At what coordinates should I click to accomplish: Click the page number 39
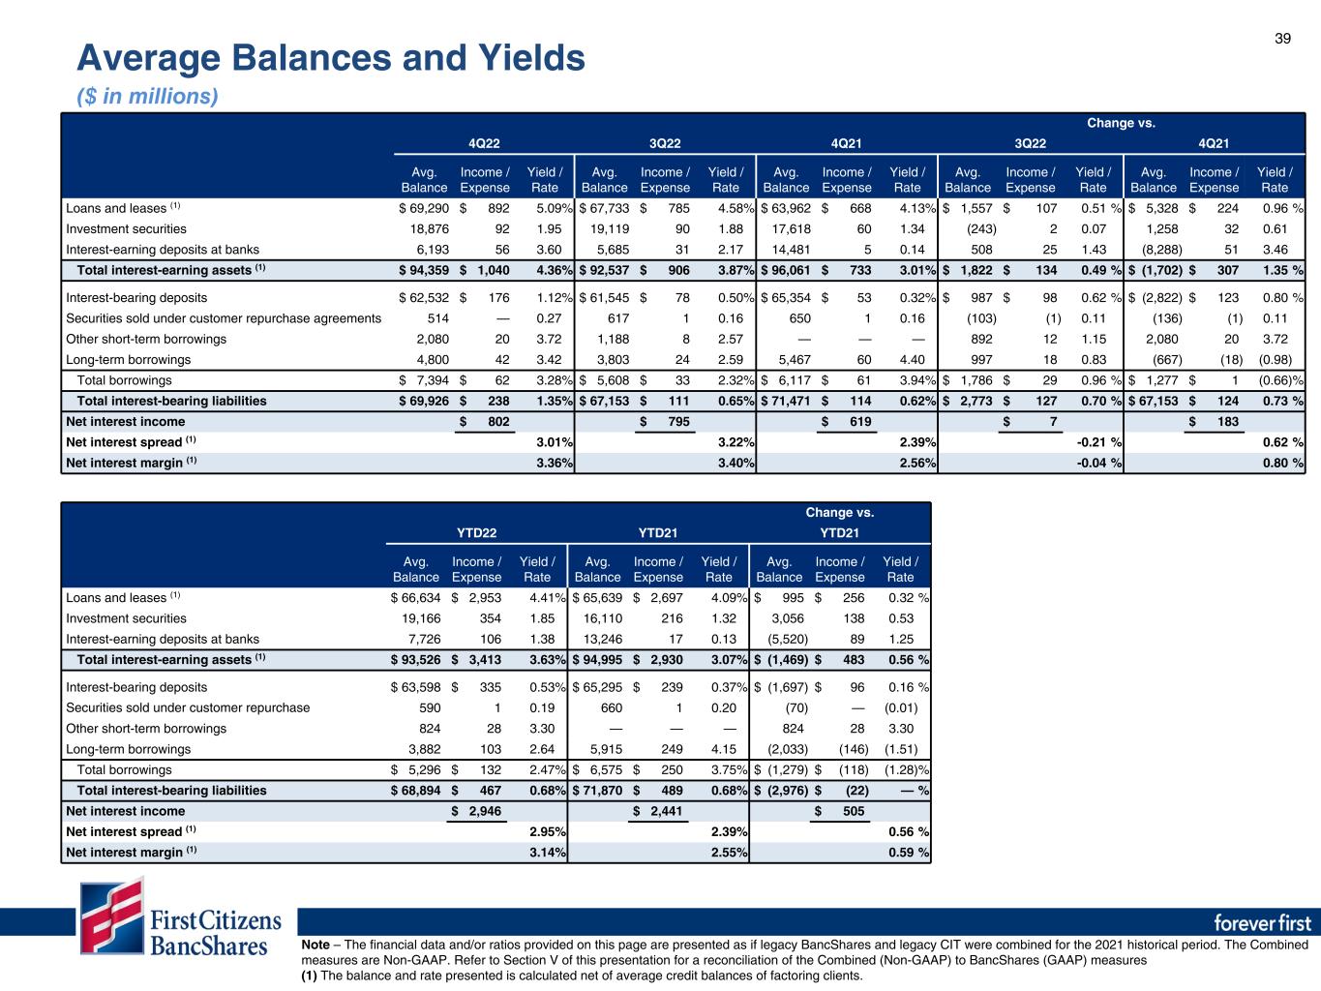(1282, 38)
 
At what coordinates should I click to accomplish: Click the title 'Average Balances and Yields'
(331, 59)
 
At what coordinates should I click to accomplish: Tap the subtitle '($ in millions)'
(147, 96)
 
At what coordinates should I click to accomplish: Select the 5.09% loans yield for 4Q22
(554, 208)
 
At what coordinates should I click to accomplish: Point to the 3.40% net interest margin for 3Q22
(736, 463)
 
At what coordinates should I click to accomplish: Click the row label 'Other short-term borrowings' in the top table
(145, 339)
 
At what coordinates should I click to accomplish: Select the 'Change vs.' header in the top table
(1121, 123)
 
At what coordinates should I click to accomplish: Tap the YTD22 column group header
(477, 533)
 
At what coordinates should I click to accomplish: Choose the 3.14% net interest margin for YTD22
(548, 853)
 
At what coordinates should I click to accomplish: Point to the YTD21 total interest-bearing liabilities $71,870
(597, 791)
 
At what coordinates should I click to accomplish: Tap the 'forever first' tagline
(1261, 921)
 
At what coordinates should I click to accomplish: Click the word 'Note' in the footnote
(315, 945)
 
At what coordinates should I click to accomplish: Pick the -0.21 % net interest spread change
(1100, 442)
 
